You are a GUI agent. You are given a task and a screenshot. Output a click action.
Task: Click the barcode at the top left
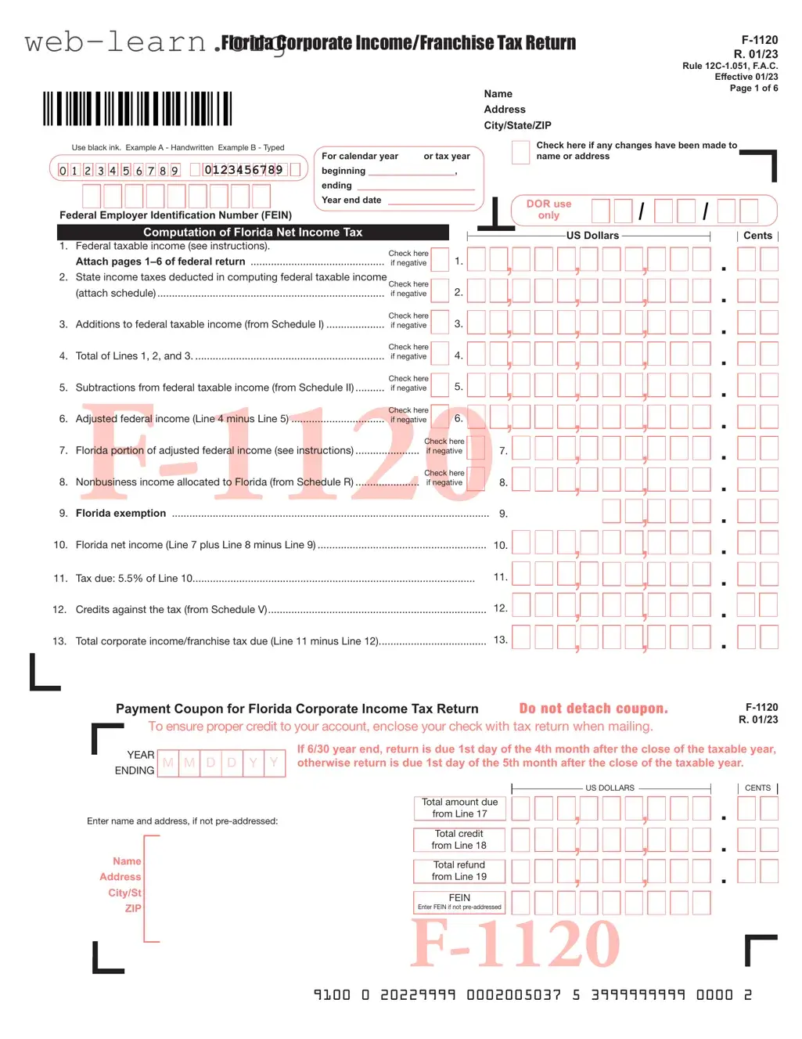coord(137,109)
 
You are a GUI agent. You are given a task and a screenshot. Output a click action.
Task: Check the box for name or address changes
coord(520,152)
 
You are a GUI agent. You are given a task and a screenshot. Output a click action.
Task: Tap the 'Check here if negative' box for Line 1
coord(441,259)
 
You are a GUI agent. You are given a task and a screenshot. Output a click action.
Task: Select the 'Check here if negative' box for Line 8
coord(476,478)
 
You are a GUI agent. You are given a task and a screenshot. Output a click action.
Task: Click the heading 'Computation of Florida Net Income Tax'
coord(253,233)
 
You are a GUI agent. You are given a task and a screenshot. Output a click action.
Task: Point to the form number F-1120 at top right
coord(760,40)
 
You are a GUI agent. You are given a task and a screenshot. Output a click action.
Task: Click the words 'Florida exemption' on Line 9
coord(120,514)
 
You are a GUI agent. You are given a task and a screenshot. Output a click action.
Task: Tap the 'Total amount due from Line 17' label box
coord(459,808)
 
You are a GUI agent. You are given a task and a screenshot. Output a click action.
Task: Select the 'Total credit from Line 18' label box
coord(459,839)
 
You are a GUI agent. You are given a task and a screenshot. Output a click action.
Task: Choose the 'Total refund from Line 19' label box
coord(459,871)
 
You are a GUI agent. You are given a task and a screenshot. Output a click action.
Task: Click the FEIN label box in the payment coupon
coord(459,902)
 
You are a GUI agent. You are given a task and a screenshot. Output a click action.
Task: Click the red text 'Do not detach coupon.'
coord(593,709)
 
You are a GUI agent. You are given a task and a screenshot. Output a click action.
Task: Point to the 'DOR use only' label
coord(548,209)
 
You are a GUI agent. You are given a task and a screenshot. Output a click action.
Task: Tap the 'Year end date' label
coord(351,200)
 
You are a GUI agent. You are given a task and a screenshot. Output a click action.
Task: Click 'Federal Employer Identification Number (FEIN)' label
coord(175,215)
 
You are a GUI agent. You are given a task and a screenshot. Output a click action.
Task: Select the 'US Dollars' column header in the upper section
coord(592,236)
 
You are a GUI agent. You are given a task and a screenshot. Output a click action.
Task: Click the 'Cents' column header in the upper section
coord(757,236)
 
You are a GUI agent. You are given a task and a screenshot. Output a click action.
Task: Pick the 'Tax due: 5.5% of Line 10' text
coord(134,579)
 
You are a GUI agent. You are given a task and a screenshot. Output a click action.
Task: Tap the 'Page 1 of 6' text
coord(753,88)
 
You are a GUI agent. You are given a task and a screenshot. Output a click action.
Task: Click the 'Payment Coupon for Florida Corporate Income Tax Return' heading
coord(297,709)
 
